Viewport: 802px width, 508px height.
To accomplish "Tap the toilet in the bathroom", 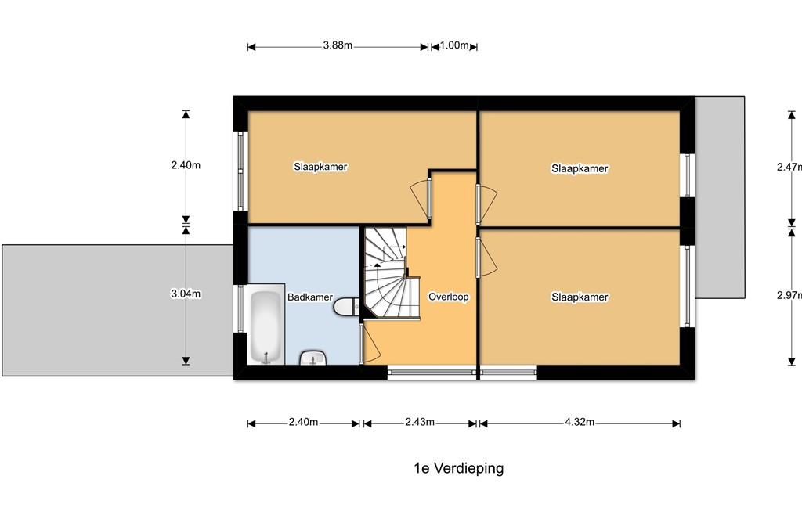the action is coord(346,307).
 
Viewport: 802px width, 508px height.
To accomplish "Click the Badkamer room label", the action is coord(310,297).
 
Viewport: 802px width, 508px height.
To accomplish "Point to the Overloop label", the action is coord(449,297).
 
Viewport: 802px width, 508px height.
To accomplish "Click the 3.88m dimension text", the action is coord(338,45).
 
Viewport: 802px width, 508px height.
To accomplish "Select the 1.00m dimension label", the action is coord(454,45).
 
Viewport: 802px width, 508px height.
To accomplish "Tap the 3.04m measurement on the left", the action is coord(186,294).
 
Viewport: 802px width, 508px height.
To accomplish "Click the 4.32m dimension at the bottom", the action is coord(580,422).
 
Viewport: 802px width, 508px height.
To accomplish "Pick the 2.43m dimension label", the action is coord(420,422).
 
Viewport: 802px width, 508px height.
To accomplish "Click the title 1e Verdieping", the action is coord(459,468).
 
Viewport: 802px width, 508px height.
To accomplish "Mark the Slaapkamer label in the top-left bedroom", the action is coord(320,167).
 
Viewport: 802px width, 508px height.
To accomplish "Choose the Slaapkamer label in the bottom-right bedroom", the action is coord(580,297).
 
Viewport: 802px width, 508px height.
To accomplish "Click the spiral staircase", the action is coord(391,274).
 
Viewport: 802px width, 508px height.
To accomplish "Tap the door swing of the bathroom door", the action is coord(370,344).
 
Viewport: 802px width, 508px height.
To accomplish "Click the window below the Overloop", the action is coord(432,373).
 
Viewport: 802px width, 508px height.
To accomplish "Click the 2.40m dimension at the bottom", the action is coord(303,422).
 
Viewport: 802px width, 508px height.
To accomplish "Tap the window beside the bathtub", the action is coord(240,308).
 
